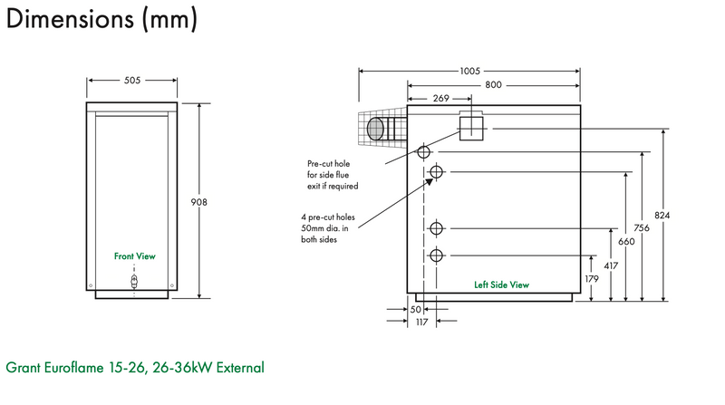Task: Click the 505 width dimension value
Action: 132,80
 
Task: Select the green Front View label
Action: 134,256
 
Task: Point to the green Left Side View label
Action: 501,284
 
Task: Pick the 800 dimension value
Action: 493,84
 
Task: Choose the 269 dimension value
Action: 440,98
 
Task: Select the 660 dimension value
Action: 625,242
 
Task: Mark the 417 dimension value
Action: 610,266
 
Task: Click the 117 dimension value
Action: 421,323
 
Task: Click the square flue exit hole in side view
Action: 472,128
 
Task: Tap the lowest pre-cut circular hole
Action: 437,256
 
